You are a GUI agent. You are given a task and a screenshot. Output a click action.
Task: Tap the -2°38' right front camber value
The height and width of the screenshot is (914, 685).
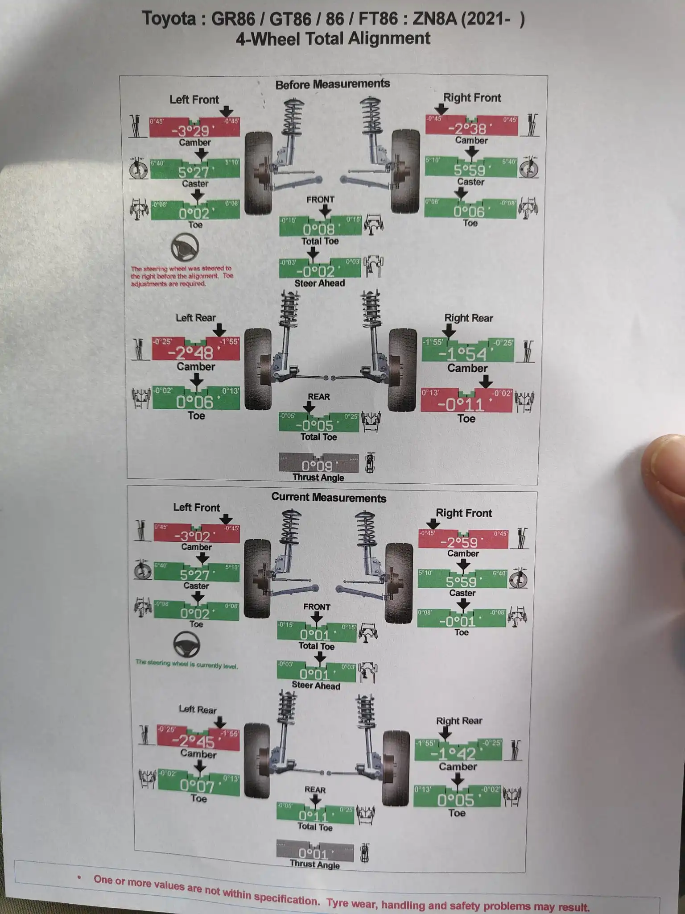click(470, 129)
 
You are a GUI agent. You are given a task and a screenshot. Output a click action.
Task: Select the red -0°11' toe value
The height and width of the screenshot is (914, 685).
click(464, 404)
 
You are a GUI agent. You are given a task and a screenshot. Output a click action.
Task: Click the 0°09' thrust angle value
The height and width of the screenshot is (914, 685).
click(317, 466)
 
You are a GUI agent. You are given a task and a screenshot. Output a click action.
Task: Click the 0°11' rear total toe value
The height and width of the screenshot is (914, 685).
click(313, 816)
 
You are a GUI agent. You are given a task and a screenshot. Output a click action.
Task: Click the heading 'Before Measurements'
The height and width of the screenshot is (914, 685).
click(332, 84)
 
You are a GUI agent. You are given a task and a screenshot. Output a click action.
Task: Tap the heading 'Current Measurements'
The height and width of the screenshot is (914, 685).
click(329, 498)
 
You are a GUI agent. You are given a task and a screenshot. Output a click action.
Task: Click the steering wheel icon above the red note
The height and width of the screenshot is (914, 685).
click(185, 247)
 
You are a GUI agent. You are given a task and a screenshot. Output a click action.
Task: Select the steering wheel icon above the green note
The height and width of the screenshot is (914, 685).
click(186, 644)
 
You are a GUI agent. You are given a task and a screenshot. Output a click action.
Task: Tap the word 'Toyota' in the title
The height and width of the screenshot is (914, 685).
click(169, 19)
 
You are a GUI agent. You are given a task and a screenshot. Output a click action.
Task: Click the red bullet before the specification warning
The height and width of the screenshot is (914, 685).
click(79, 877)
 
